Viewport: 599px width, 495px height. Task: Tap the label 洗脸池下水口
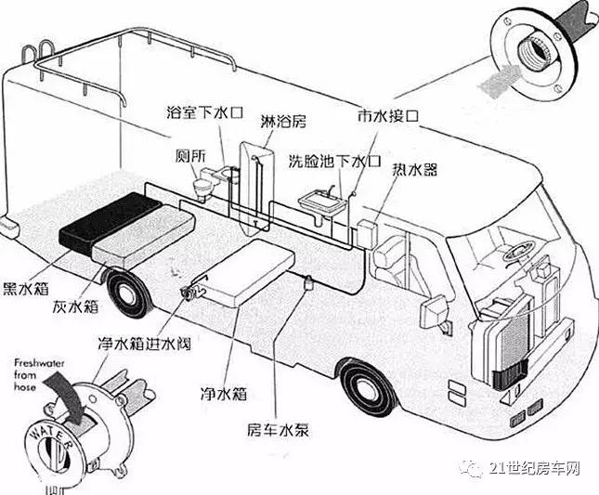[x=335, y=161]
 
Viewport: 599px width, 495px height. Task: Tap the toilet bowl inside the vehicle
[x=196, y=186]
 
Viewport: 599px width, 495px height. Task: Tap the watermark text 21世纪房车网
[x=535, y=469]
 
